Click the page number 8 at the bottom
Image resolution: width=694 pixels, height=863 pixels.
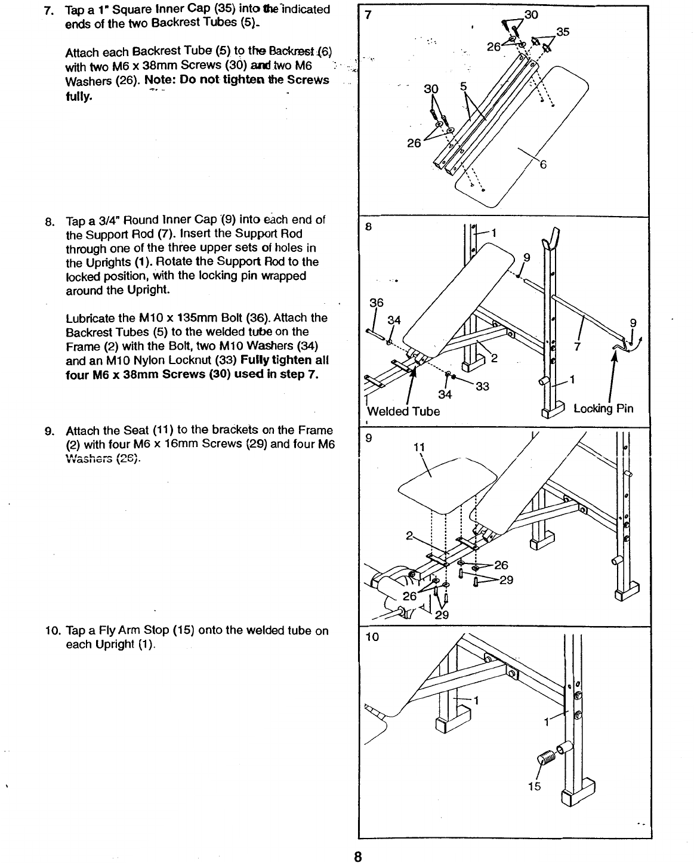coord(357,856)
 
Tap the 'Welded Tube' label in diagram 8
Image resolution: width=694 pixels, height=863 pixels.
coord(403,411)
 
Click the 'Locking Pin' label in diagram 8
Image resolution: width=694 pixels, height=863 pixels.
coord(603,409)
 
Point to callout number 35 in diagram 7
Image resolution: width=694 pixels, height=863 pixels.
coord(563,32)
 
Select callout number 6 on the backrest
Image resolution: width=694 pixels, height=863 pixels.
coord(543,165)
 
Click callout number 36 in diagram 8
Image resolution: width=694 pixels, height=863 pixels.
coord(376,303)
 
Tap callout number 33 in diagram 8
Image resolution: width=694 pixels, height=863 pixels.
coord(482,387)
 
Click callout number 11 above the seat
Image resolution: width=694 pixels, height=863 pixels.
coord(419,448)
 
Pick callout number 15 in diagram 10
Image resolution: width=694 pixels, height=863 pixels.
coord(534,786)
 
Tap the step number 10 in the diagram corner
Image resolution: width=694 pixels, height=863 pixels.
coord(372,637)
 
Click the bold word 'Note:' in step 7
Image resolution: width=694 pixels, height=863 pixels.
coord(160,80)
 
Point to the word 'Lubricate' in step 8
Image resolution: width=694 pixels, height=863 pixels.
coord(90,318)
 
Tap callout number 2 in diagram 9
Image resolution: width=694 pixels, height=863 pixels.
coord(409,535)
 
